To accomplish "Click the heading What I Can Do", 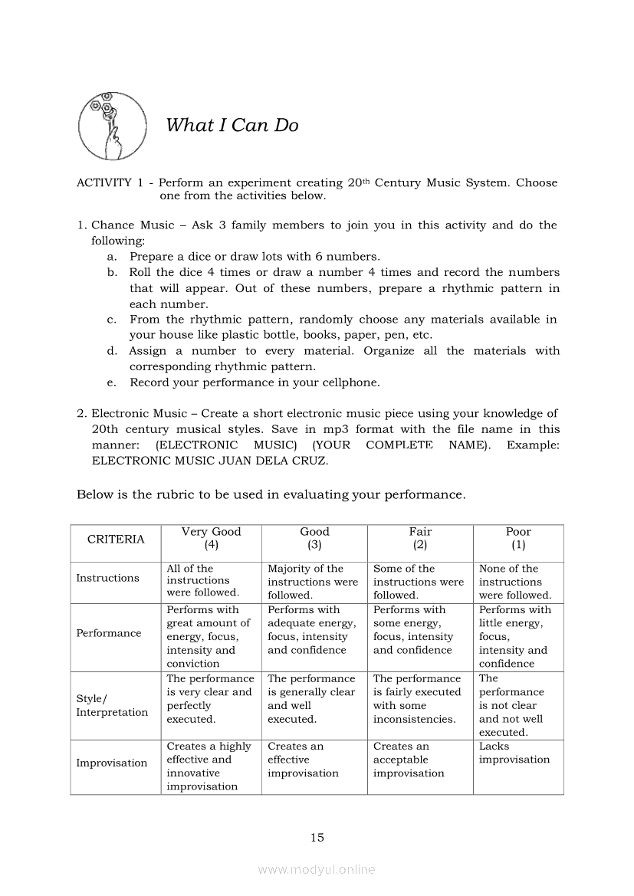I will (232, 125).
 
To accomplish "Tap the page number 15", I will (317, 838).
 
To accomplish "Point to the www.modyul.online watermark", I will (317, 869).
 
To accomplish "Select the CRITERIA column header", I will (116, 539).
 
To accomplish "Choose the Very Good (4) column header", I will (211, 538).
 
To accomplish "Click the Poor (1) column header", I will (518, 538).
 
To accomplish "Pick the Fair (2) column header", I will (420, 538).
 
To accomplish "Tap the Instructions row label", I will (108, 578).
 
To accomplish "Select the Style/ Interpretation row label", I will (112, 705).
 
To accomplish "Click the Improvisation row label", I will (112, 763).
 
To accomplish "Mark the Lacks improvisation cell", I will (514, 753).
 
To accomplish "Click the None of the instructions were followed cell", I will (515, 582).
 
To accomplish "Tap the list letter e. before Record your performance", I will (112, 382).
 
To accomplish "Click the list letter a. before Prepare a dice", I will (112, 257).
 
